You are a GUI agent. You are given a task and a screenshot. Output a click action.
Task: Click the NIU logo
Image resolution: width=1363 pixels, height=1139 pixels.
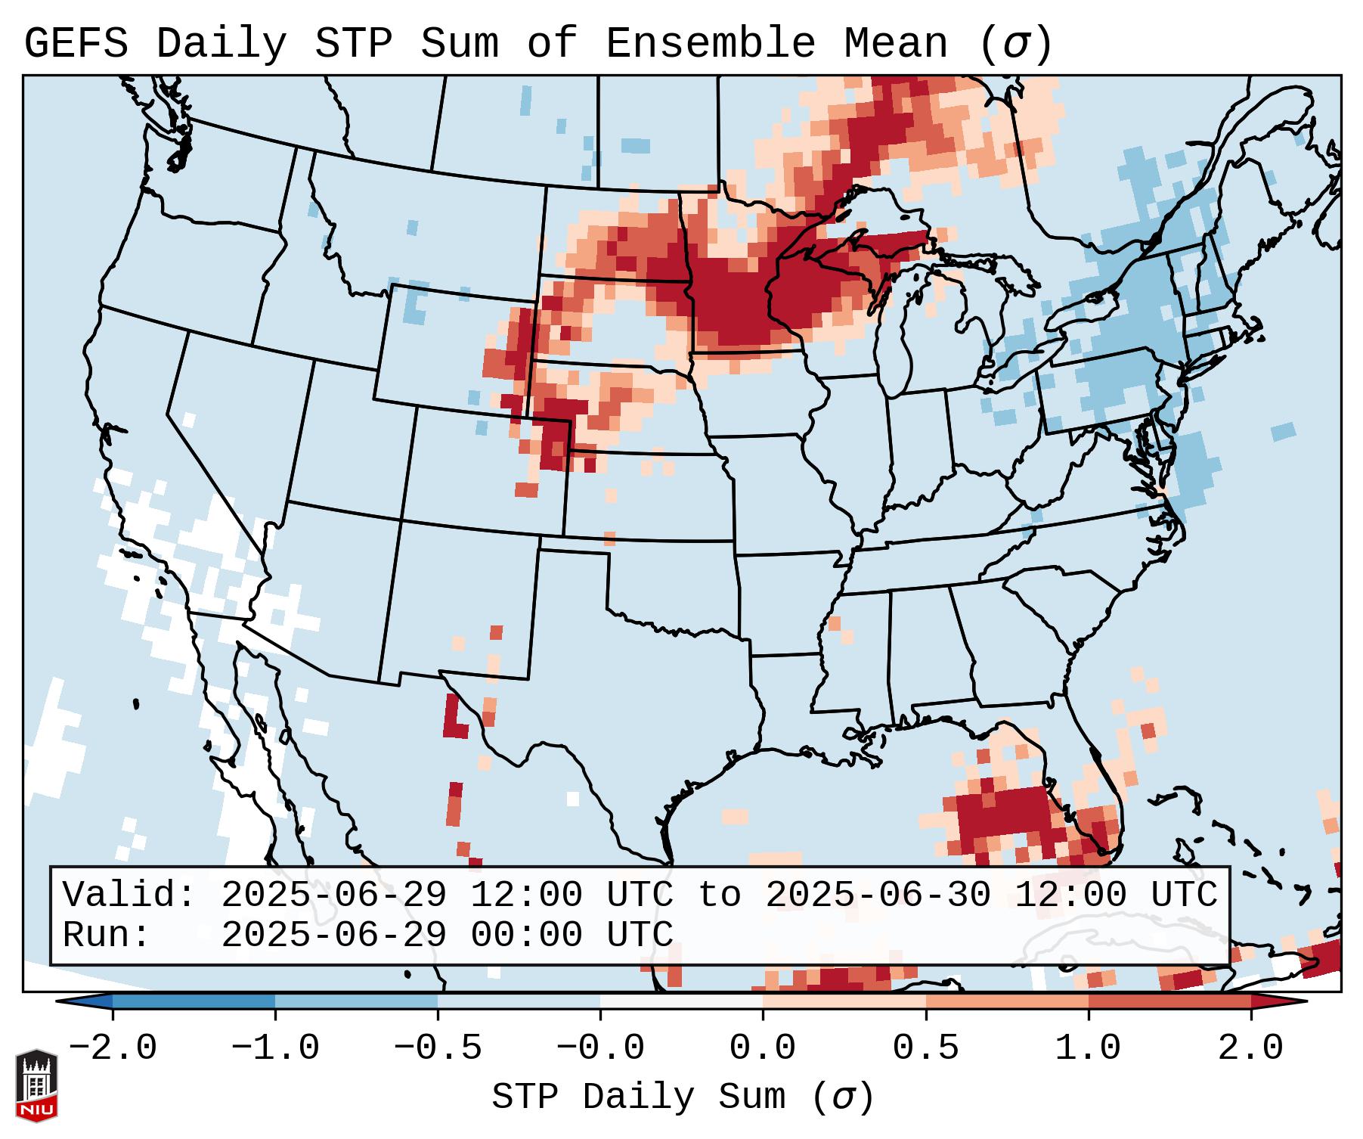tap(36, 1085)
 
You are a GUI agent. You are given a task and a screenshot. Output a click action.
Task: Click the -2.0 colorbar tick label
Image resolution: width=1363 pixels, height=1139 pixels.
tap(113, 1047)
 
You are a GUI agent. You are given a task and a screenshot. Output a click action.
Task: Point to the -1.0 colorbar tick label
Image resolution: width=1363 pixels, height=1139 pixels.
tap(275, 1047)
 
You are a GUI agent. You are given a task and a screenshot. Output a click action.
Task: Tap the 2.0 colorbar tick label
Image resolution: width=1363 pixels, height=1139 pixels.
tap(1251, 1047)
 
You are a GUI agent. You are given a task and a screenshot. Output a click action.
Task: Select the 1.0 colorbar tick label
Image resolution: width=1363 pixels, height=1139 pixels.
tap(1089, 1047)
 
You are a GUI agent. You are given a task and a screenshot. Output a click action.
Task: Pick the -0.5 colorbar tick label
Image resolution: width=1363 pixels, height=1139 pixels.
tap(438, 1047)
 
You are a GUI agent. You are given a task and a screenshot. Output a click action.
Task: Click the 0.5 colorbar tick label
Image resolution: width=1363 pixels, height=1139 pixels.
tap(926, 1047)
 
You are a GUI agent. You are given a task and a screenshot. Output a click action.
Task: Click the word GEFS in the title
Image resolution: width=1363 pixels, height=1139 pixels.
tap(76, 44)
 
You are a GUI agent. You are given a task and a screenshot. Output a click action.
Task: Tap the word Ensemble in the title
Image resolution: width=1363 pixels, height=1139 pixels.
tap(711, 44)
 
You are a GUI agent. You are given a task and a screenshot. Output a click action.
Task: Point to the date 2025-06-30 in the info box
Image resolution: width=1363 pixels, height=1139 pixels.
tap(878, 895)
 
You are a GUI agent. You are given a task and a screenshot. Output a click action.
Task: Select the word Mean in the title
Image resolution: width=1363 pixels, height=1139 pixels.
tap(896, 44)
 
